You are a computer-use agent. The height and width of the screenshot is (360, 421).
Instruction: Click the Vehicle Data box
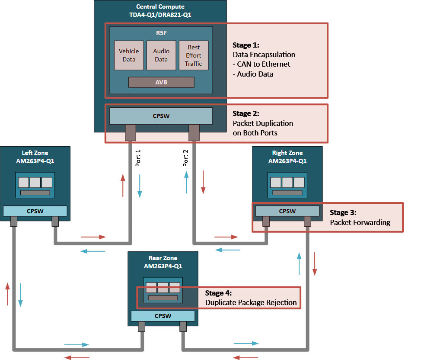click(x=129, y=55)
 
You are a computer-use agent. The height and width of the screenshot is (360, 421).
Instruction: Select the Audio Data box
click(x=161, y=55)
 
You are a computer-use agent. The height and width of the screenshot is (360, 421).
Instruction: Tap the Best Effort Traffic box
click(x=194, y=55)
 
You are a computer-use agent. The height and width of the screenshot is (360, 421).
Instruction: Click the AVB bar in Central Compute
click(x=161, y=82)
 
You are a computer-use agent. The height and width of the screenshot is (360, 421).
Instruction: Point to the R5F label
click(x=161, y=32)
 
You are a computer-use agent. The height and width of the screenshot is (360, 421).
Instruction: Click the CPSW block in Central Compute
click(x=161, y=116)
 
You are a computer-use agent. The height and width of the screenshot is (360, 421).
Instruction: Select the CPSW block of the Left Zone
click(x=35, y=211)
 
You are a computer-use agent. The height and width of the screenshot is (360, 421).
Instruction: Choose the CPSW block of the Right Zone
click(x=287, y=211)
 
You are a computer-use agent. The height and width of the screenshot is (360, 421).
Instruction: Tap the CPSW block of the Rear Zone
click(x=163, y=316)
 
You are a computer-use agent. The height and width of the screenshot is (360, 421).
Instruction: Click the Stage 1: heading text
click(x=246, y=45)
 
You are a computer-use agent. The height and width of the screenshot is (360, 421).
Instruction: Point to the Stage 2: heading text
click(x=246, y=113)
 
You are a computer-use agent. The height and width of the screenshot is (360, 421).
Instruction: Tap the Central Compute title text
click(x=160, y=6)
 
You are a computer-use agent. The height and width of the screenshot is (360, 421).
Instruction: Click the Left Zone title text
click(x=35, y=153)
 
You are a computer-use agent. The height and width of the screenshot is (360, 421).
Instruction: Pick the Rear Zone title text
click(x=163, y=258)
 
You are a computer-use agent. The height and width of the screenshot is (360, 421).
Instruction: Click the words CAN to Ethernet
click(x=264, y=64)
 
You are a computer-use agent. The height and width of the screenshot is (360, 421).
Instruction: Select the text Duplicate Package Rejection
click(x=251, y=302)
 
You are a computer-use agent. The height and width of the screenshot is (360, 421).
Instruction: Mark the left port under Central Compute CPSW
click(x=130, y=132)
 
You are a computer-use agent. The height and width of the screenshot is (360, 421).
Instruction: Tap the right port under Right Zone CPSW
click(x=307, y=222)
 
